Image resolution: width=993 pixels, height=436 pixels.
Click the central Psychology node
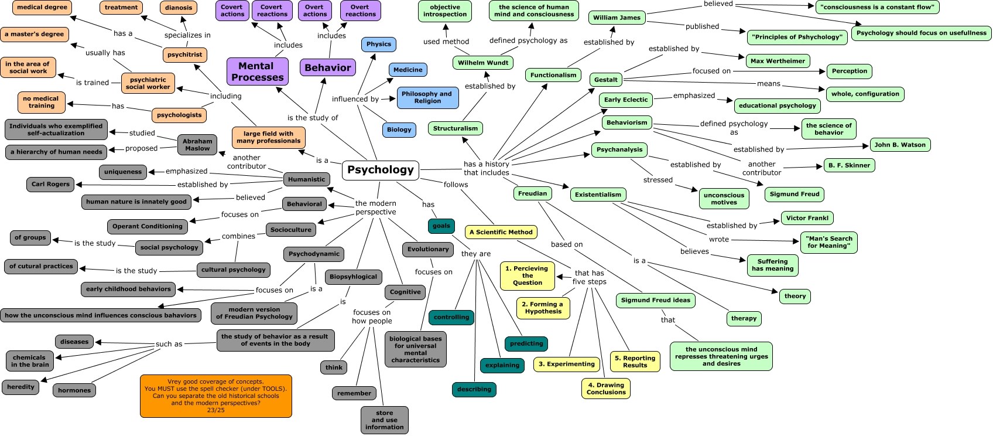(x=381, y=170)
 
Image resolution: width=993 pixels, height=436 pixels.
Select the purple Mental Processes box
(x=258, y=71)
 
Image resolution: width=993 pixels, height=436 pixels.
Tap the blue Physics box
(x=379, y=45)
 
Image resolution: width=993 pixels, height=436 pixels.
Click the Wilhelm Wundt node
(x=483, y=63)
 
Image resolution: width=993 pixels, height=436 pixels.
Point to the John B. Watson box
(x=900, y=145)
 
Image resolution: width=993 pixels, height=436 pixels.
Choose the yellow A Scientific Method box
(x=501, y=232)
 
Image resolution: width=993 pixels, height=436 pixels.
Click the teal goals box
(x=441, y=226)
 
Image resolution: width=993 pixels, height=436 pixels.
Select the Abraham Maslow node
(x=197, y=145)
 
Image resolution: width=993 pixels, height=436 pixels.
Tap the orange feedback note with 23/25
(x=216, y=396)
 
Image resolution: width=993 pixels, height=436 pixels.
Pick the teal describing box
(x=474, y=390)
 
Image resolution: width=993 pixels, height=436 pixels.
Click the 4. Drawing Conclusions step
(x=606, y=389)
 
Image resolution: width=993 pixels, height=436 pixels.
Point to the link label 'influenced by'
(x=355, y=99)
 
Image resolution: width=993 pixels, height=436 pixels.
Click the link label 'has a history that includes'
(x=487, y=168)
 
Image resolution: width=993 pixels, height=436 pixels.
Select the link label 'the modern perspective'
(x=375, y=207)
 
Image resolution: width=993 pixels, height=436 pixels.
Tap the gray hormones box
(x=74, y=390)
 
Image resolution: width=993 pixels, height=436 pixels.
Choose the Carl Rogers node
(x=50, y=184)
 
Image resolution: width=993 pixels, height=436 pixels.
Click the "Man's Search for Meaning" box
(x=828, y=242)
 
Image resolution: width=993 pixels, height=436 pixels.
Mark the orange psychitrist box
(x=184, y=55)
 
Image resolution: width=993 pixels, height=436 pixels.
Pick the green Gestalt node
(x=605, y=80)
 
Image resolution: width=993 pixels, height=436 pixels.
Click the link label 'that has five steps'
(x=589, y=277)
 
